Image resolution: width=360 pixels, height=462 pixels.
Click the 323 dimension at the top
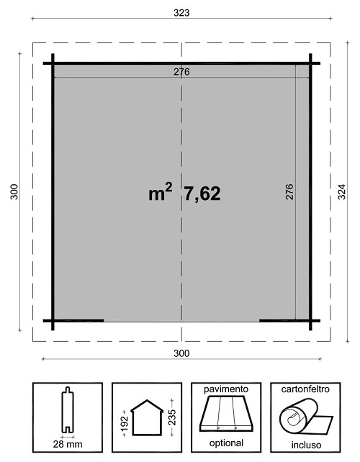(x=181, y=13)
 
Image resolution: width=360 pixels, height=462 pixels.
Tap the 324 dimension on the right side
(x=341, y=192)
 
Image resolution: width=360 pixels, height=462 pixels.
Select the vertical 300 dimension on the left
(x=14, y=192)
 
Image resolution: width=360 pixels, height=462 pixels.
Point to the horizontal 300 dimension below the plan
(x=181, y=353)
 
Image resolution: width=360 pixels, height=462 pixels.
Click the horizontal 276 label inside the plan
(x=181, y=72)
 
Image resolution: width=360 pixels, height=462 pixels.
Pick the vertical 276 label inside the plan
(x=289, y=192)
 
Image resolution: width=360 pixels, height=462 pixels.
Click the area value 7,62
(x=202, y=194)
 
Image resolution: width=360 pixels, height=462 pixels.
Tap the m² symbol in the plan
(x=160, y=192)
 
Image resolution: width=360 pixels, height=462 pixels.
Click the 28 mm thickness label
(x=68, y=444)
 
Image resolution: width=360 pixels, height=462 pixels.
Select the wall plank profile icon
(x=68, y=410)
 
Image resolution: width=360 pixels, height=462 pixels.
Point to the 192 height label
(x=125, y=422)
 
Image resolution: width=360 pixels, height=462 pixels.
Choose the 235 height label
(x=172, y=417)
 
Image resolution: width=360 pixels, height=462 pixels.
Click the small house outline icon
(x=147, y=417)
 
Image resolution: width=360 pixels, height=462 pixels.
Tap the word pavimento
(x=226, y=389)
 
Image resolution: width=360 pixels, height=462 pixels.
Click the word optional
(x=226, y=443)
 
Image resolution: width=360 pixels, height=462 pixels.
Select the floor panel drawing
(x=226, y=414)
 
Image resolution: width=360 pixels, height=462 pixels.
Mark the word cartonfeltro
(x=305, y=389)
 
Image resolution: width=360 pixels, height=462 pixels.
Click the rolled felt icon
(x=306, y=416)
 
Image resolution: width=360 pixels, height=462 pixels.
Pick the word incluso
(x=306, y=445)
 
